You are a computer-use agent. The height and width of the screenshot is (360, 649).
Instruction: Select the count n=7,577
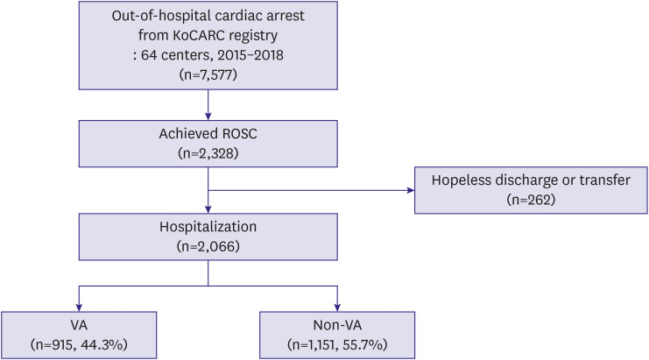pyautogui.click(x=208, y=74)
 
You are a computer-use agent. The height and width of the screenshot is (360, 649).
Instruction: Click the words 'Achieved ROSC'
pyautogui.click(x=208, y=134)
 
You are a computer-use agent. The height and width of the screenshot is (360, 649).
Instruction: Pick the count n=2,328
pyautogui.click(x=208, y=153)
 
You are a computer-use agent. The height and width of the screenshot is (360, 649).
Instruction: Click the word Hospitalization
pyautogui.click(x=208, y=227)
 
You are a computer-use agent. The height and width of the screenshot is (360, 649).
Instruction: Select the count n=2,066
pyautogui.click(x=208, y=247)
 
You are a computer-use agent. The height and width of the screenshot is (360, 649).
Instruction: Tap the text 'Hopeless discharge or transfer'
pyautogui.click(x=531, y=180)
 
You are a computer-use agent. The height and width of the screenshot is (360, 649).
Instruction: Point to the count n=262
pyautogui.click(x=531, y=200)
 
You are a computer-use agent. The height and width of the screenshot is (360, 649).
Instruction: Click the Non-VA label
pyautogui.click(x=337, y=325)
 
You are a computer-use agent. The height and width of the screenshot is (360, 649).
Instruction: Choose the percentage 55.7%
pyautogui.click(x=363, y=345)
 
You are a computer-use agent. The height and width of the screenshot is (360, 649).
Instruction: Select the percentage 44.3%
pyautogui.click(x=102, y=345)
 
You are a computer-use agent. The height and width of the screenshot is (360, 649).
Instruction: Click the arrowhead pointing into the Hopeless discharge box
pyautogui.click(x=411, y=190)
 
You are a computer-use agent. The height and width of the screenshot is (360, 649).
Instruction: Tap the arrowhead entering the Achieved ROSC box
pyautogui.click(x=208, y=116)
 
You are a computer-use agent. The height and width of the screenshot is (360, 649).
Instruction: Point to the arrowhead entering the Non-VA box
pyautogui.click(x=337, y=307)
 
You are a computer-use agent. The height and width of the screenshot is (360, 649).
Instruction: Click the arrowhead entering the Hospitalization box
pyautogui.click(x=208, y=209)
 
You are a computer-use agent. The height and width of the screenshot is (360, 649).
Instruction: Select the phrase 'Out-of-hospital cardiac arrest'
pyautogui.click(x=208, y=16)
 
